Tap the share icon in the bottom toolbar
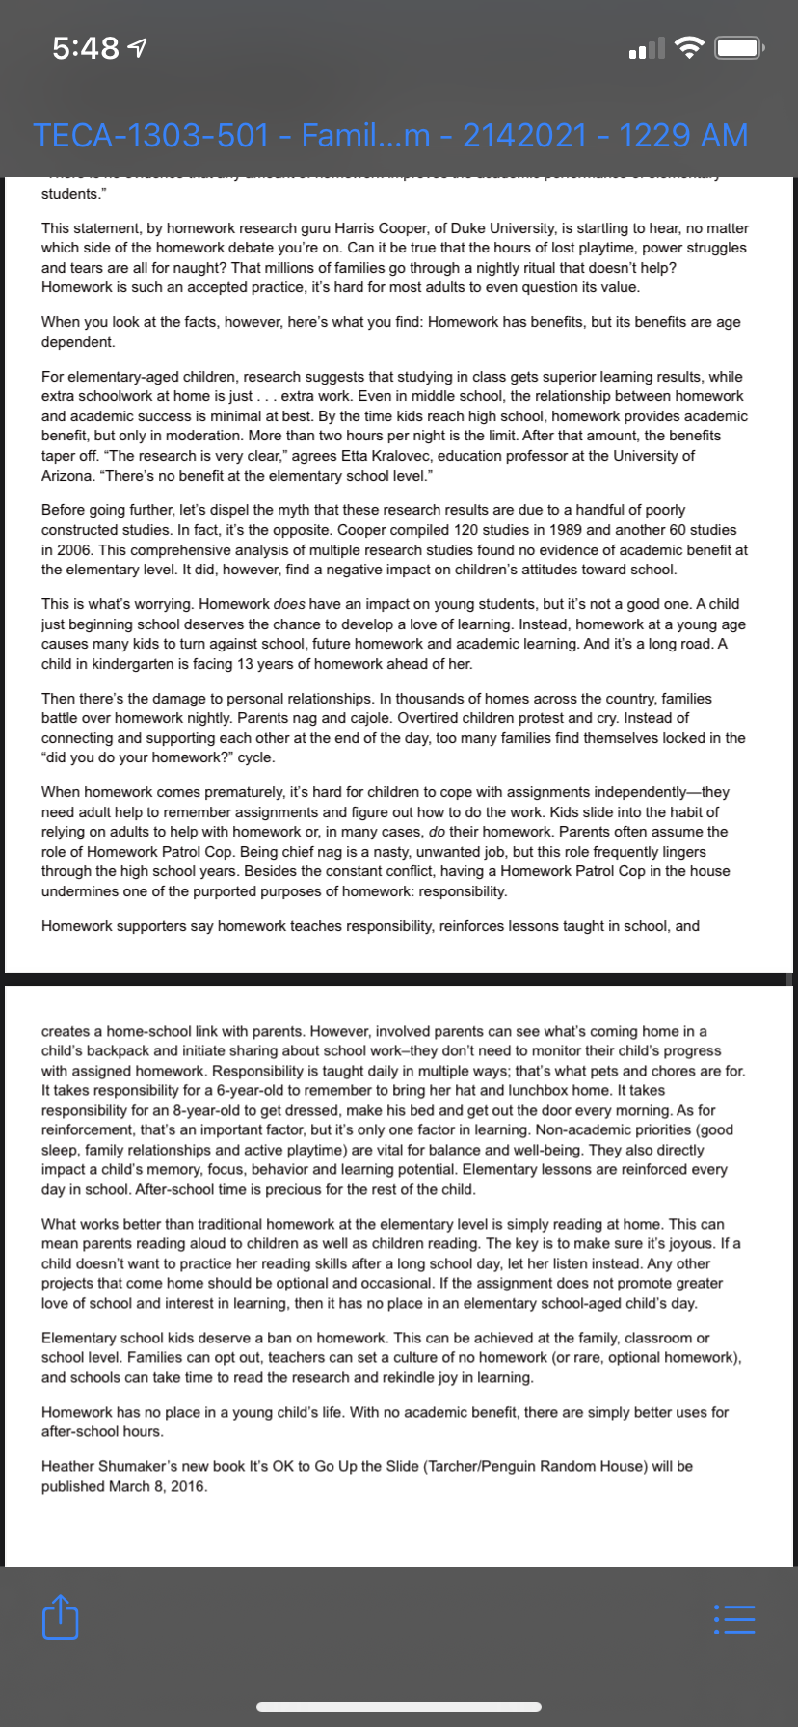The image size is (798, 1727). coord(60,1616)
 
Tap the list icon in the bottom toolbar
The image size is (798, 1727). coord(734,1618)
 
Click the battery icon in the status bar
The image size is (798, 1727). coord(739,47)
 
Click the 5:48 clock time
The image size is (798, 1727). coord(86,47)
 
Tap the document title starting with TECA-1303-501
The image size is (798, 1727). coord(390,135)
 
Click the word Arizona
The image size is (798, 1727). coord(66,476)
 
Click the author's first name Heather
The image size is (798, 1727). coord(68,1466)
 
